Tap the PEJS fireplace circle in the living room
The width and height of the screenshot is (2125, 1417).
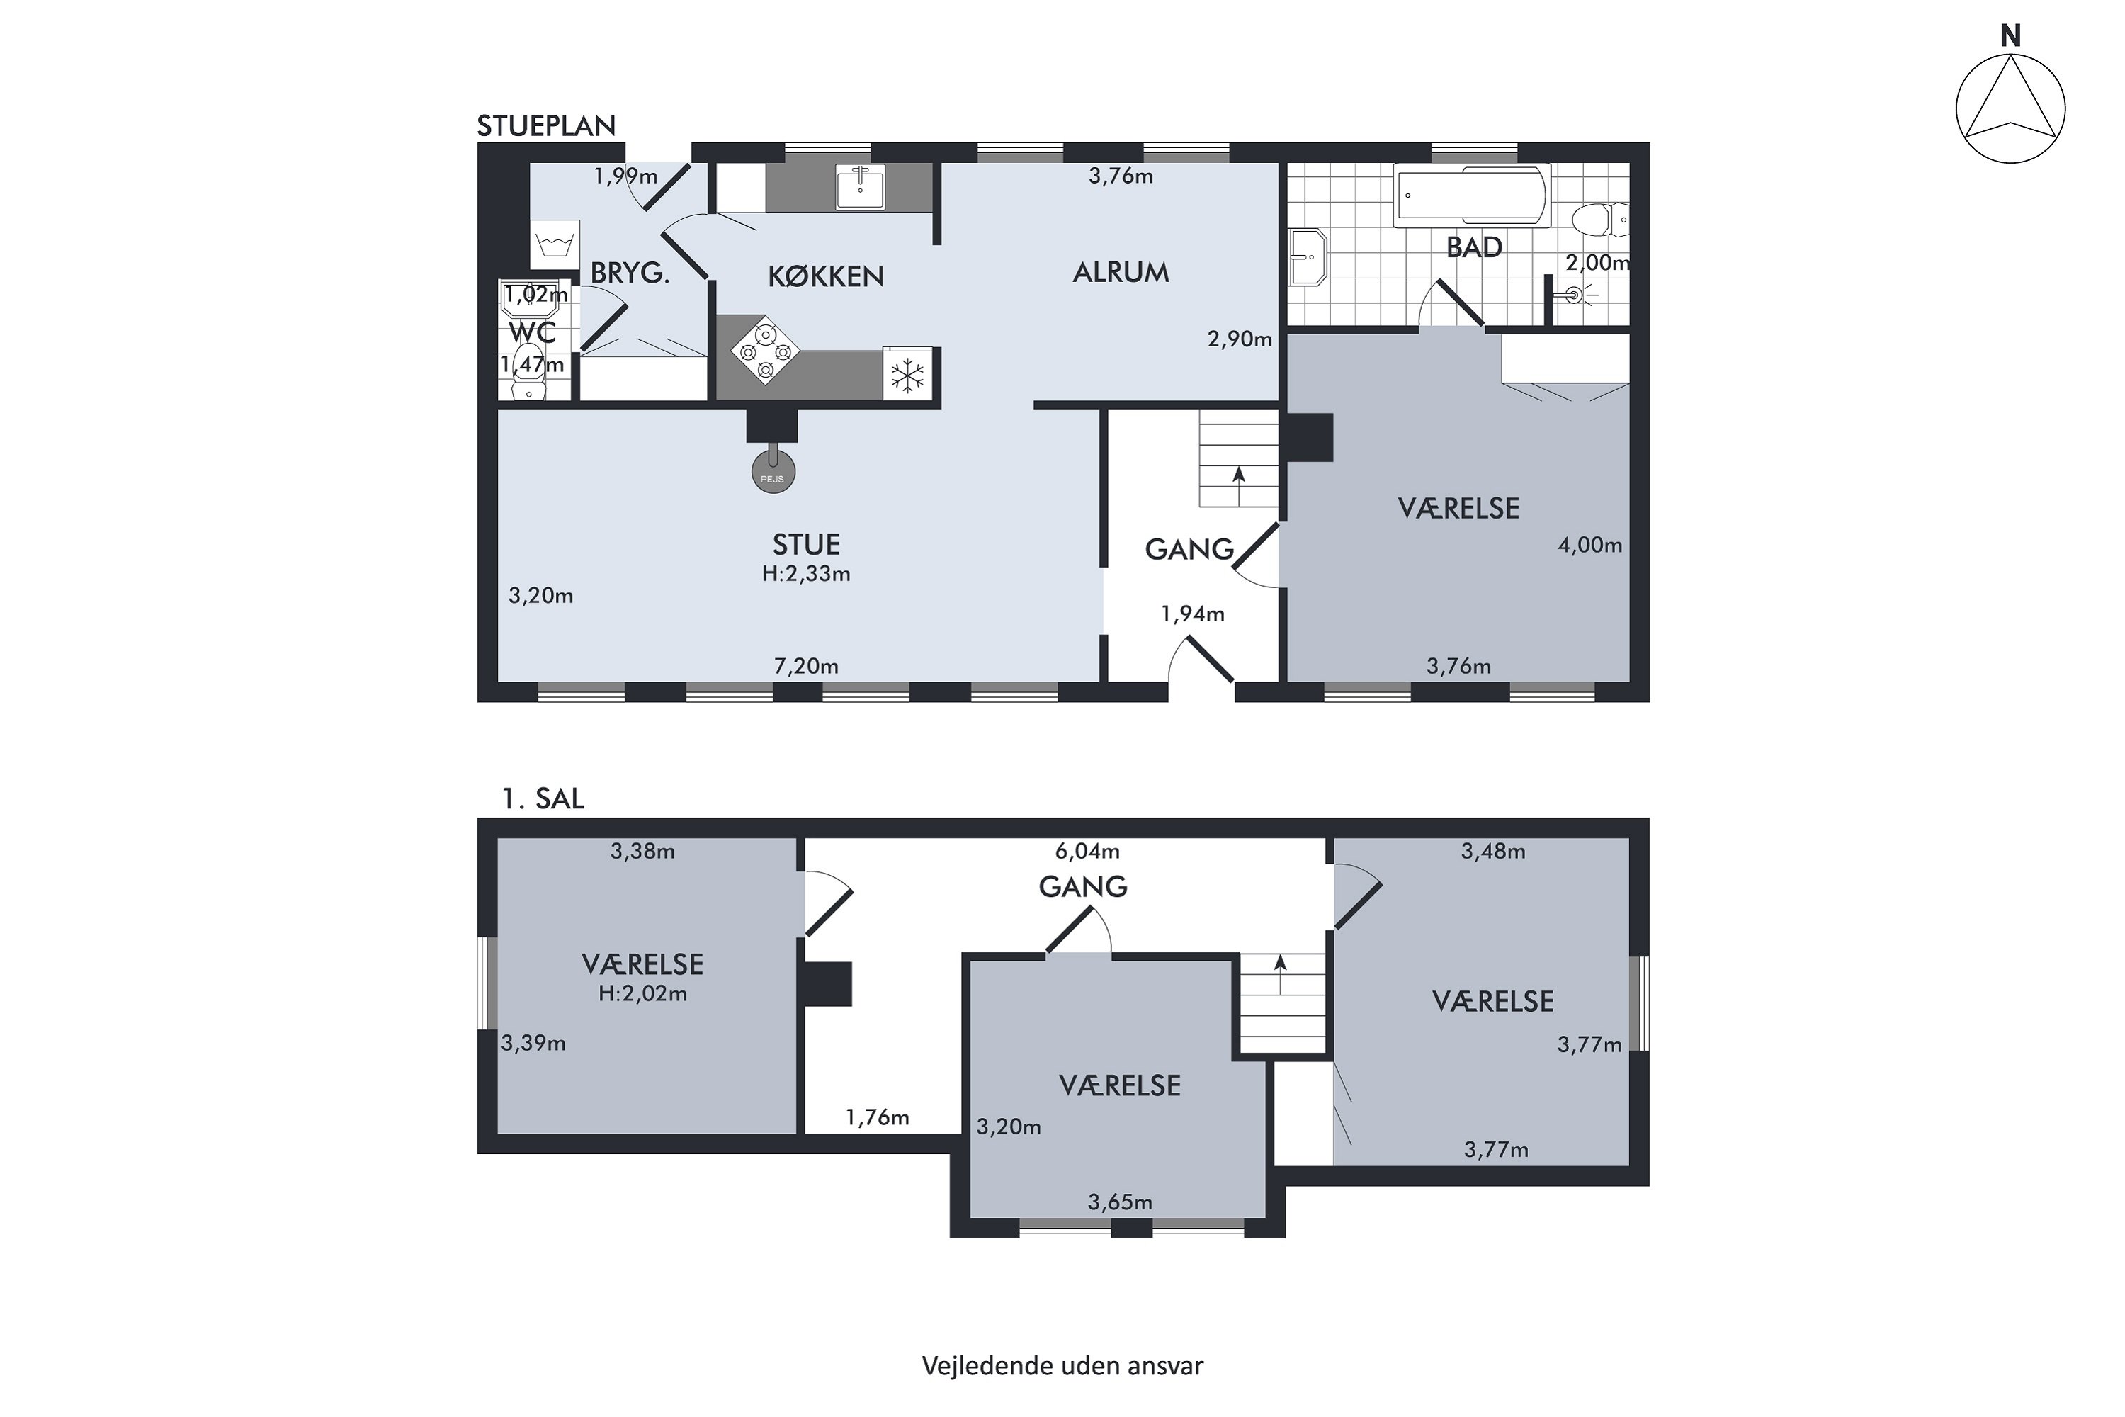pyautogui.click(x=773, y=471)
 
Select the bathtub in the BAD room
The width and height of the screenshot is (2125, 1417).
pyautogui.click(x=1472, y=196)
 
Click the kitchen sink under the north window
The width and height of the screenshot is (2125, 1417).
pyautogui.click(x=860, y=187)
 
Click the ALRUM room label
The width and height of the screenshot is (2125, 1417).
pyautogui.click(x=1121, y=272)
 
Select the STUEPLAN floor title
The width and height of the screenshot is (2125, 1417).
pyautogui.click(x=547, y=125)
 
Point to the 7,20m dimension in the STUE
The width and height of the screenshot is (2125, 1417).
pyautogui.click(x=806, y=666)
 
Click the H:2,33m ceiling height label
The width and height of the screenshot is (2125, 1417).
pyautogui.click(x=806, y=574)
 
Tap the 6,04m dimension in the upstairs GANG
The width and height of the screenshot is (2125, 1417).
pyautogui.click(x=1087, y=850)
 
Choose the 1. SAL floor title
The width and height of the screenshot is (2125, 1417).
pyautogui.click(x=543, y=799)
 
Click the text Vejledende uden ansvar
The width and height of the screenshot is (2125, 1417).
pyautogui.click(x=1062, y=1365)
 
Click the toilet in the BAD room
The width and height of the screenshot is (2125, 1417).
pyautogui.click(x=1600, y=220)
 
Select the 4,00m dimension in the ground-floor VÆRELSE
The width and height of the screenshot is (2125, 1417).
pyautogui.click(x=1589, y=545)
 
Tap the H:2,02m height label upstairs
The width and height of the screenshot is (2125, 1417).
pyautogui.click(x=642, y=994)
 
